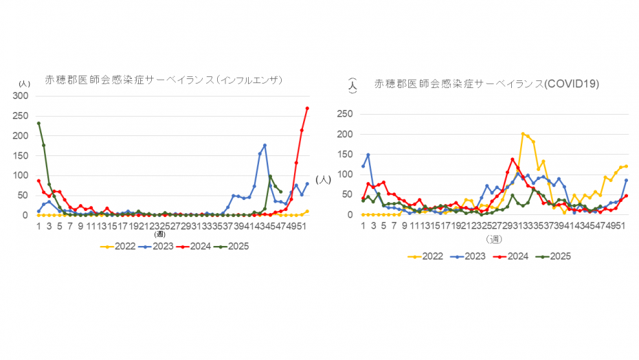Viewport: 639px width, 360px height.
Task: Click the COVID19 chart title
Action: pos(486,84)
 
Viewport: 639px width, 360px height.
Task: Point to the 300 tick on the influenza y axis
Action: pos(23,96)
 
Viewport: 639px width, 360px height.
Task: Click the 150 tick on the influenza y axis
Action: pos(23,156)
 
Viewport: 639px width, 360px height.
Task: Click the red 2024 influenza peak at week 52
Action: pos(307,108)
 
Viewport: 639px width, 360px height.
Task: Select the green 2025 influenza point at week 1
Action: pos(38,124)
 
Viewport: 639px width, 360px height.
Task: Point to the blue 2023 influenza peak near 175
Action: pos(265,146)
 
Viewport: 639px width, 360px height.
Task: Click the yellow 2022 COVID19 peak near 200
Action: pos(523,134)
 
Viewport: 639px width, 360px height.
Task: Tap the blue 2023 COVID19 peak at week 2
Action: pos(368,155)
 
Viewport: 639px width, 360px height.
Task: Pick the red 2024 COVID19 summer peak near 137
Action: pos(513,159)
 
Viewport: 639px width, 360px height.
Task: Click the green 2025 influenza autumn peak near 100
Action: pos(270,177)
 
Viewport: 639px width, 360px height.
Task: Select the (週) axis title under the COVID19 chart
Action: pos(494,238)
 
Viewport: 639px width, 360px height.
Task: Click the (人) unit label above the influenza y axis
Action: pos(25,83)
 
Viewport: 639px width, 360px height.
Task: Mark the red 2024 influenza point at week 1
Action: pos(38,181)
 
